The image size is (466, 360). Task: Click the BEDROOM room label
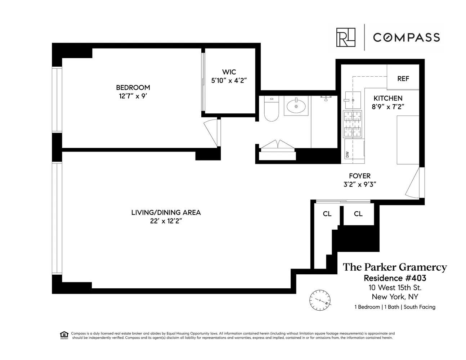(133, 87)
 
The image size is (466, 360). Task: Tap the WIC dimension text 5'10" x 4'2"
(229, 81)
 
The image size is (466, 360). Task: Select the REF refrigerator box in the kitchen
(403, 78)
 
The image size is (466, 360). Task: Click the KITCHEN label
(388, 98)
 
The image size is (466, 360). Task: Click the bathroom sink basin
(296, 106)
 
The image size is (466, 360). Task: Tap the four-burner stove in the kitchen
(353, 125)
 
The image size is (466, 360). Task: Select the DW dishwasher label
(348, 154)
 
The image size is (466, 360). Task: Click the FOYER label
(359, 176)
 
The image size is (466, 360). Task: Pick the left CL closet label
(327, 214)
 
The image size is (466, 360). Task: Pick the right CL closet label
(358, 214)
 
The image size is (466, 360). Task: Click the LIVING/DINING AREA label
(166, 212)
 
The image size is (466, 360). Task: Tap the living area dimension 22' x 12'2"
(166, 221)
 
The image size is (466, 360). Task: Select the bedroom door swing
(212, 133)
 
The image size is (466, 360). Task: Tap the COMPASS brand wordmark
(406, 37)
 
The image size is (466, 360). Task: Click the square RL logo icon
(346, 37)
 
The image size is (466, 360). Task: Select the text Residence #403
(395, 278)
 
